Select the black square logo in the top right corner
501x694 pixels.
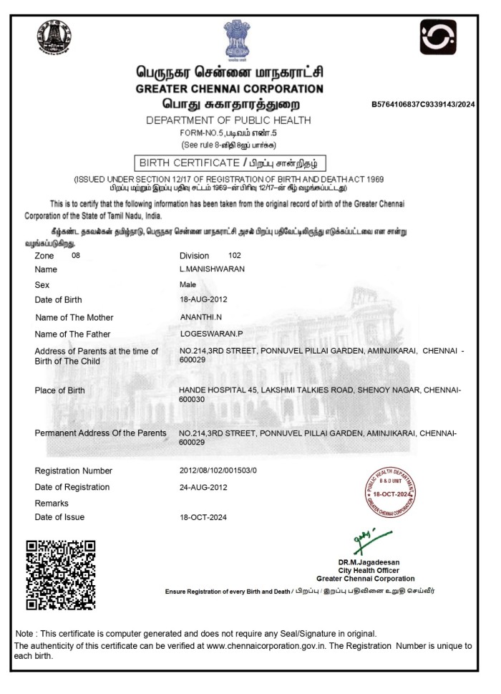click(x=438, y=38)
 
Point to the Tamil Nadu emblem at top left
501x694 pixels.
click(x=54, y=38)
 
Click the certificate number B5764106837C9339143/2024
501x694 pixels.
click(x=423, y=105)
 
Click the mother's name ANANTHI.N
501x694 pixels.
click(x=202, y=317)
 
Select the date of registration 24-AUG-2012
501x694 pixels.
click(x=204, y=487)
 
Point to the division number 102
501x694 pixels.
click(x=235, y=255)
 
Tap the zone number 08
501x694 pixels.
click(x=77, y=255)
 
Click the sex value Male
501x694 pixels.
click(x=188, y=284)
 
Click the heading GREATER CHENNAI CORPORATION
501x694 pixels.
click(x=229, y=89)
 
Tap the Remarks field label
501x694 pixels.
click(x=52, y=503)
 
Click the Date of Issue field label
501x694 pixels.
click(x=59, y=517)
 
